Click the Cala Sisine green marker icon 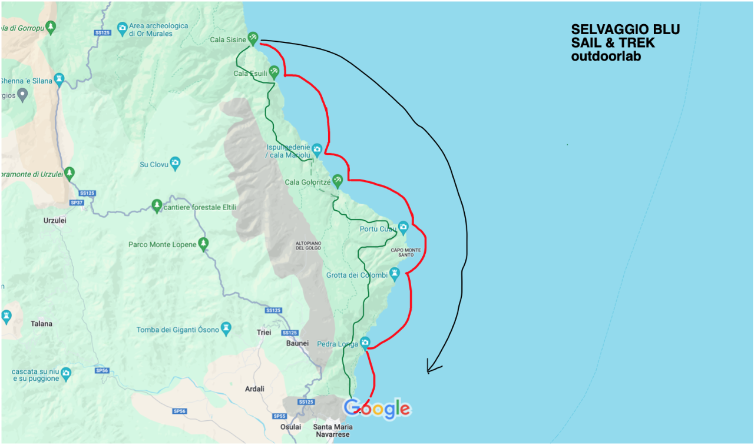click(253, 38)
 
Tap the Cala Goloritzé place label click(307, 182)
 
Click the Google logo click(377, 409)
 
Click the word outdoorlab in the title click(606, 57)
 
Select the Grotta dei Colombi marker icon click(395, 273)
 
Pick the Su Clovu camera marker click(175, 162)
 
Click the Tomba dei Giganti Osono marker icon click(226, 327)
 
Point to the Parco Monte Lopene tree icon click(204, 243)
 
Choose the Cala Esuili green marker click(274, 72)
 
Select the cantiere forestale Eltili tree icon click(157, 205)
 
